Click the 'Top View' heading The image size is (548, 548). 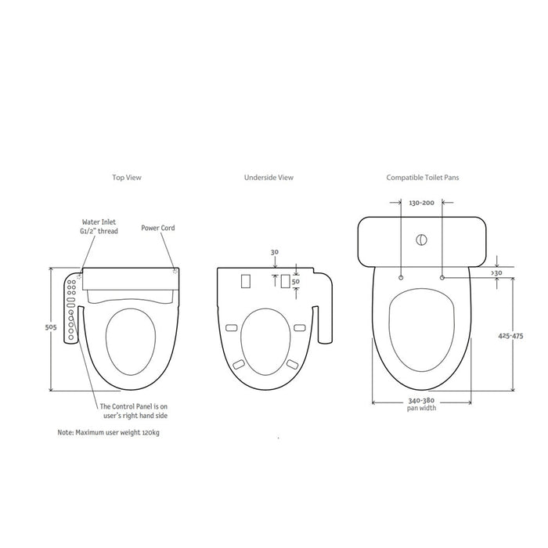click(127, 178)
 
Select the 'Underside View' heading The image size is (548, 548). click(269, 178)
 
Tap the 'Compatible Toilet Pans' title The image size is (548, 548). click(423, 178)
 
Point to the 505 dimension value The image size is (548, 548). click(51, 327)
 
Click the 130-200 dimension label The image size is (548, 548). click(421, 203)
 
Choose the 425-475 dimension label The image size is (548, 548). click(510, 336)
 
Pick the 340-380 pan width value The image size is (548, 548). click(421, 401)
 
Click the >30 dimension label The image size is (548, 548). click(496, 272)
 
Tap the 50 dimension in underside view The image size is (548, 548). click(296, 281)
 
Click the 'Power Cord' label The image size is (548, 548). click(158, 228)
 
